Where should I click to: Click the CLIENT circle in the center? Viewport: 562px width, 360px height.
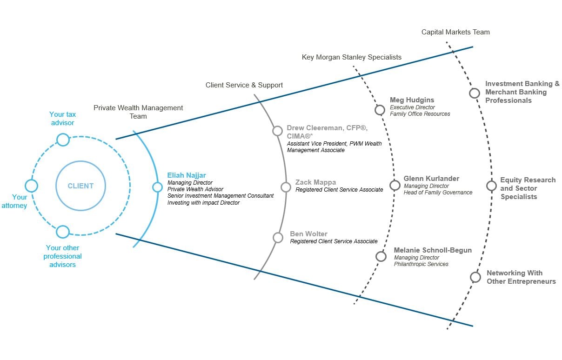[80, 186]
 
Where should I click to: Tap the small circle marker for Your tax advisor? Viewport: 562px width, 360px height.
[63, 139]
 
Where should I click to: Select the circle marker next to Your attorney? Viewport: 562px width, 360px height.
[31, 186]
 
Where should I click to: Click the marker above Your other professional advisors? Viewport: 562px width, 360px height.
[63, 232]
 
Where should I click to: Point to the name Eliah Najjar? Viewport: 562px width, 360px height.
[186, 175]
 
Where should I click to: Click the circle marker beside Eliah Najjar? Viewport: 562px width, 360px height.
[157, 187]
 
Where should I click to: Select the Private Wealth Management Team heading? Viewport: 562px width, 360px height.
[138, 112]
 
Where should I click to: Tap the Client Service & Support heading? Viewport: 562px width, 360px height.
[244, 85]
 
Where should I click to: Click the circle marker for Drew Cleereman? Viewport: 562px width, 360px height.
[277, 131]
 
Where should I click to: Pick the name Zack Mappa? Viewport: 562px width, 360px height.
[315, 182]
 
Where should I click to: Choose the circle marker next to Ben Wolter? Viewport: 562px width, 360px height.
[278, 238]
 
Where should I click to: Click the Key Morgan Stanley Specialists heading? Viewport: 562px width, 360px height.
[352, 57]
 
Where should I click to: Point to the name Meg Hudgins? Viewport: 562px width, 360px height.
[412, 100]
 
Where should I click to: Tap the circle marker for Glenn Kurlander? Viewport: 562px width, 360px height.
[395, 186]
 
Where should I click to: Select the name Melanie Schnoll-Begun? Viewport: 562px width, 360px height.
[433, 250]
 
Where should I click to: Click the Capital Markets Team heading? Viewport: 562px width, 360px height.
[455, 32]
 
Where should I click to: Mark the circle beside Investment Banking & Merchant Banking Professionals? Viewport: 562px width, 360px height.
[474, 93]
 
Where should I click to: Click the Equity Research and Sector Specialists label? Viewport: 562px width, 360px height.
[528, 188]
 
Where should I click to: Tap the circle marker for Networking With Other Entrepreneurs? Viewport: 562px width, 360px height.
[475, 277]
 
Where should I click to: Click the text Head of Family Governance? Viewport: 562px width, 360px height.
[438, 193]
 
